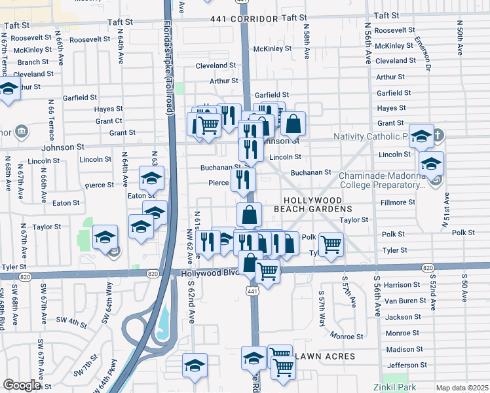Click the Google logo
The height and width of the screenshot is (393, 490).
[x=22, y=385]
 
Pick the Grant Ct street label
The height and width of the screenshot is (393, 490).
[x=109, y=121]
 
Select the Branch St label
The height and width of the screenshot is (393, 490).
[x=29, y=62]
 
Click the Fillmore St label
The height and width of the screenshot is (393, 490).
[x=398, y=202]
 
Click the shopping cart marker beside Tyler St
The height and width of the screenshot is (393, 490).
[x=331, y=244]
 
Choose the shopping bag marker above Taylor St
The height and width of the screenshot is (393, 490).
[x=249, y=214]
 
